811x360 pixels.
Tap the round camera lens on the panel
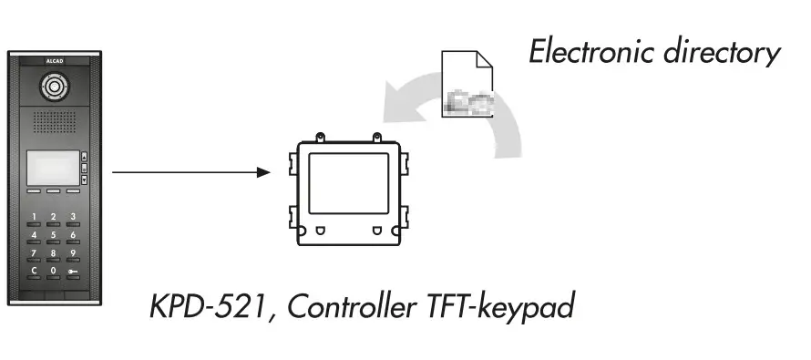tap(53, 89)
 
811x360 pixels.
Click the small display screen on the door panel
tap(51, 168)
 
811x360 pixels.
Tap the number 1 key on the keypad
tap(35, 217)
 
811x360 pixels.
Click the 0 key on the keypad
tap(53, 271)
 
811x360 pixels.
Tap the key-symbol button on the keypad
tap(72, 271)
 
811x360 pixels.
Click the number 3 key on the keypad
tap(72, 217)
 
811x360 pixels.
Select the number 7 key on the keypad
tap(35, 252)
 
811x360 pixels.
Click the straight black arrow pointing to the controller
tap(191, 171)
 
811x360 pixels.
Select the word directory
tap(724, 51)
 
